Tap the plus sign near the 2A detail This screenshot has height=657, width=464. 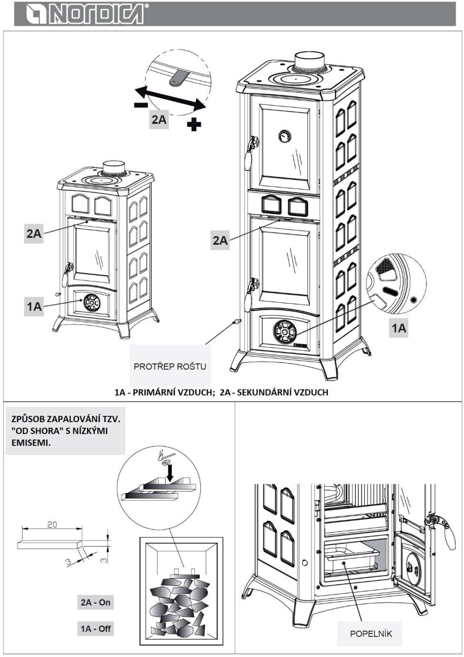click(x=194, y=124)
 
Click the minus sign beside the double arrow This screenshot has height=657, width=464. click(x=140, y=104)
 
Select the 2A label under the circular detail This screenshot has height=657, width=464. click(x=159, y=119)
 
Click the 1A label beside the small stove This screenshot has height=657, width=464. click(x=34, y=306)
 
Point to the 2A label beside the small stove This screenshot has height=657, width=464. click(x=34, y=233)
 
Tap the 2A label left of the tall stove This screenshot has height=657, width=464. click(x=220, y=240)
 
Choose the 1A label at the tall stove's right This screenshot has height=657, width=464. click(x=398, y=328)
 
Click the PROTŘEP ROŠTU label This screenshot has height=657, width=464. click(x=170, y=366)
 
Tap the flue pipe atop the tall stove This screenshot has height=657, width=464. click(x=309, y=62)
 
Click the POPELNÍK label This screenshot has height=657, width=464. click(x=370, y=633)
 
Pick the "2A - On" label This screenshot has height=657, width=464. click(x=95, y=602)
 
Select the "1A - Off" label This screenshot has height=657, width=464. click(x=95, y=629)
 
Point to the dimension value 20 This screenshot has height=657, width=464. click(x=52, y=524)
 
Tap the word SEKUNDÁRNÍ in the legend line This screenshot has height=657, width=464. click(x=262, y=392)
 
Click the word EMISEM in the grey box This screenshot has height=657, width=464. click(x=30, y=443)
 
